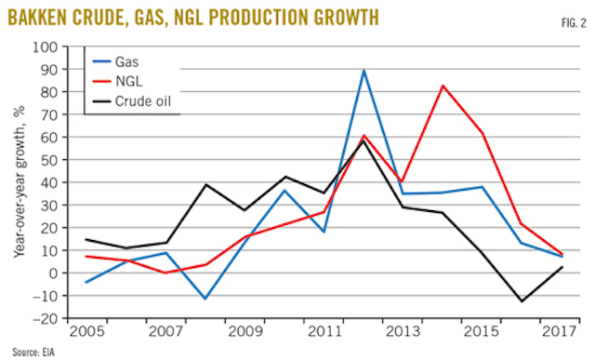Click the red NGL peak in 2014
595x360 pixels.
tap(443, 86)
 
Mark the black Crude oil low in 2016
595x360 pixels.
tap(522, 300)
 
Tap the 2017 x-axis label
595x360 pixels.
tap(562, 332)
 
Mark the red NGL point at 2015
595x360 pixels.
tap(483, 134)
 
